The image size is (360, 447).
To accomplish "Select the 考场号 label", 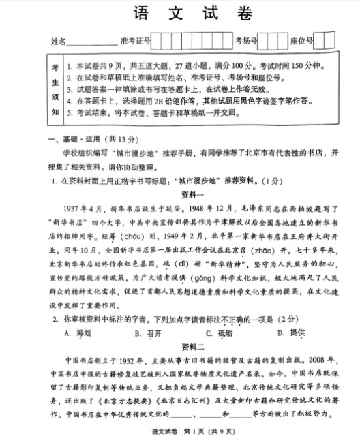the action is (x=245, y=42).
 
